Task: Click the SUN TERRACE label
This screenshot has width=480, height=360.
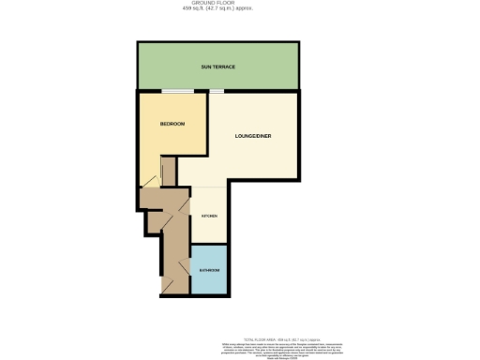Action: pos(217,67)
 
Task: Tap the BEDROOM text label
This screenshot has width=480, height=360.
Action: pos(172,125)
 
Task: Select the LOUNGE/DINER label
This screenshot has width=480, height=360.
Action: pos(253,136)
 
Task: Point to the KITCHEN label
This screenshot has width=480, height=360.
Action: pos(210,217)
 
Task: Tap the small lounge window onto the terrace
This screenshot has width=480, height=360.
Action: pos(217,91)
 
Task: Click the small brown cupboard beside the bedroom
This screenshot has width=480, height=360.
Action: pos(150,198)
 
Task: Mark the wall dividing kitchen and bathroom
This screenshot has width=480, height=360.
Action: pos(208,243)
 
